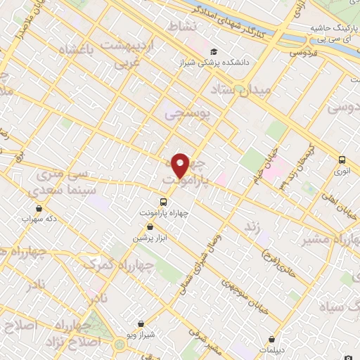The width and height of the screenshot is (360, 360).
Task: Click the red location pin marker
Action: coord(181,165)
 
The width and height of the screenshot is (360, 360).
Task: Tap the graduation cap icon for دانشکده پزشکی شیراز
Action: coord(214,51)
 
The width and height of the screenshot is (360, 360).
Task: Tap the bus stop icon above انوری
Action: coord(342,160)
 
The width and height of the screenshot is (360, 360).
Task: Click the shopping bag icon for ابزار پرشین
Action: coord(150,226)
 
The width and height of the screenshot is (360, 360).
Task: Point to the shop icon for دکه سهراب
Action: coord(38,208)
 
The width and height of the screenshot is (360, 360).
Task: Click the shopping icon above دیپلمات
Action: coord(271,339)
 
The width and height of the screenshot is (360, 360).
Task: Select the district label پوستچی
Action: coord(186,114)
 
